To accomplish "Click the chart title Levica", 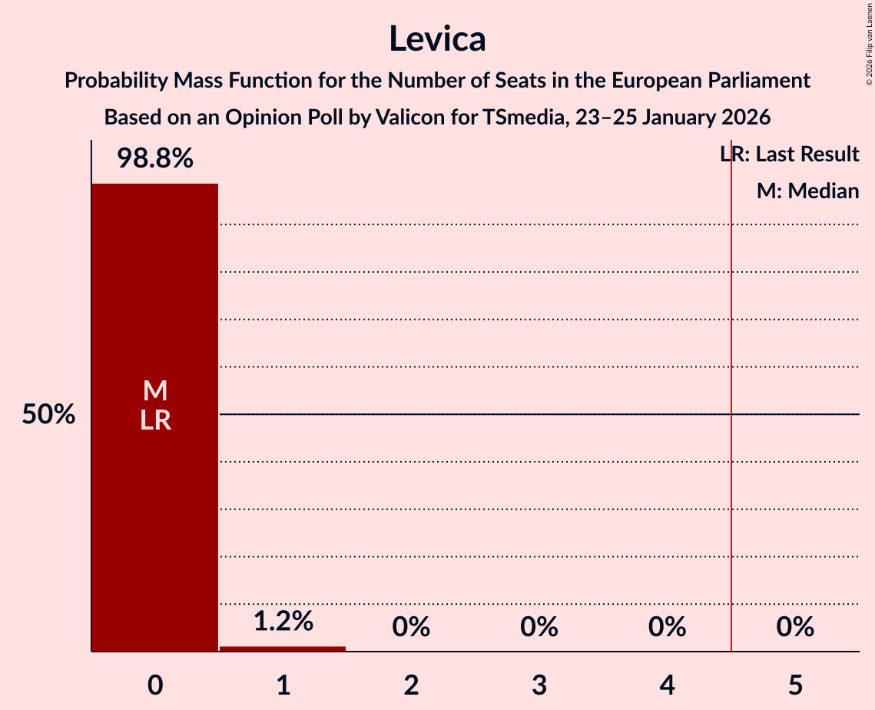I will (437, 38).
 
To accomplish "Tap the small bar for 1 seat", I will (283, 649).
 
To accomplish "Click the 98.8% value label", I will (154, 159).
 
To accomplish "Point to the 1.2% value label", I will (283, 621).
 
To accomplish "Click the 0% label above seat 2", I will (411, 627).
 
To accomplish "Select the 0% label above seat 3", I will (539, 627).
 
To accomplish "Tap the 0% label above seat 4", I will (667, 627).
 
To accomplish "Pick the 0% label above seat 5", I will (794, 627).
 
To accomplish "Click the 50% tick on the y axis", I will (48, 415).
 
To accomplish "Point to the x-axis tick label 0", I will (154, 685).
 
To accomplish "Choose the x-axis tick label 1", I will (283, 685).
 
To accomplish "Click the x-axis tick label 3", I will (539, 685).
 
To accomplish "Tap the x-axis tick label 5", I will (794, 685).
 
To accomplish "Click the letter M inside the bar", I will (154, 391).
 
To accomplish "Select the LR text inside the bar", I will (154, 420).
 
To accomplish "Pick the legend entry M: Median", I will (807, 191).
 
